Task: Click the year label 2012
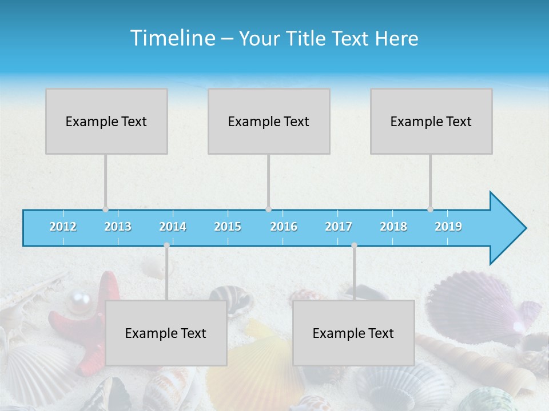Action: pos(63,227)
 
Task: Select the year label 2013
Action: pos(118,227)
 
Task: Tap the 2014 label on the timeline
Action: pos(173,227)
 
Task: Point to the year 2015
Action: pos(228,227)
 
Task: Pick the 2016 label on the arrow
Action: pos(284,227)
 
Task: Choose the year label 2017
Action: pos(339,227)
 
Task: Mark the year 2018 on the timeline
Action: pos(393,227)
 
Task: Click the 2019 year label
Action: pos(448,227)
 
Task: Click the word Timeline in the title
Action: pos(172,38)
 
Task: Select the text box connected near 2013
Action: pos(106,121)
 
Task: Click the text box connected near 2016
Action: pos(269,121)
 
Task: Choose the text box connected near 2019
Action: pos(431,121)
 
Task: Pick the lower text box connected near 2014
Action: pos(166,333)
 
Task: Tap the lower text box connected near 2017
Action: pos(353,333)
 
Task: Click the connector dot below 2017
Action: pos(354,245)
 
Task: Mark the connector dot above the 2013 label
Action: pos(105,209)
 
